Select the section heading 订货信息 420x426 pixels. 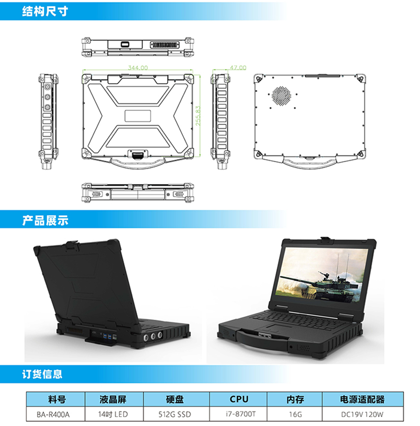[42, 374]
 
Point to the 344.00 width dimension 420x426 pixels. [138, 68]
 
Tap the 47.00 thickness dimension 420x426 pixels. [238, 68]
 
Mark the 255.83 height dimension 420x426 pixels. [198, 116]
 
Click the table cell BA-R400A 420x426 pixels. [56, 414]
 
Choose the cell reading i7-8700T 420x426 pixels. [238, 414]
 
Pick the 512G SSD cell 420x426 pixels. [175, 414]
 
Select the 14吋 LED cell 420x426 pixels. [113, 414]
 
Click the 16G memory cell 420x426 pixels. [295, 414]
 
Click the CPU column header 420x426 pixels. [238, 399]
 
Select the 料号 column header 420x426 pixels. [56, 399]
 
